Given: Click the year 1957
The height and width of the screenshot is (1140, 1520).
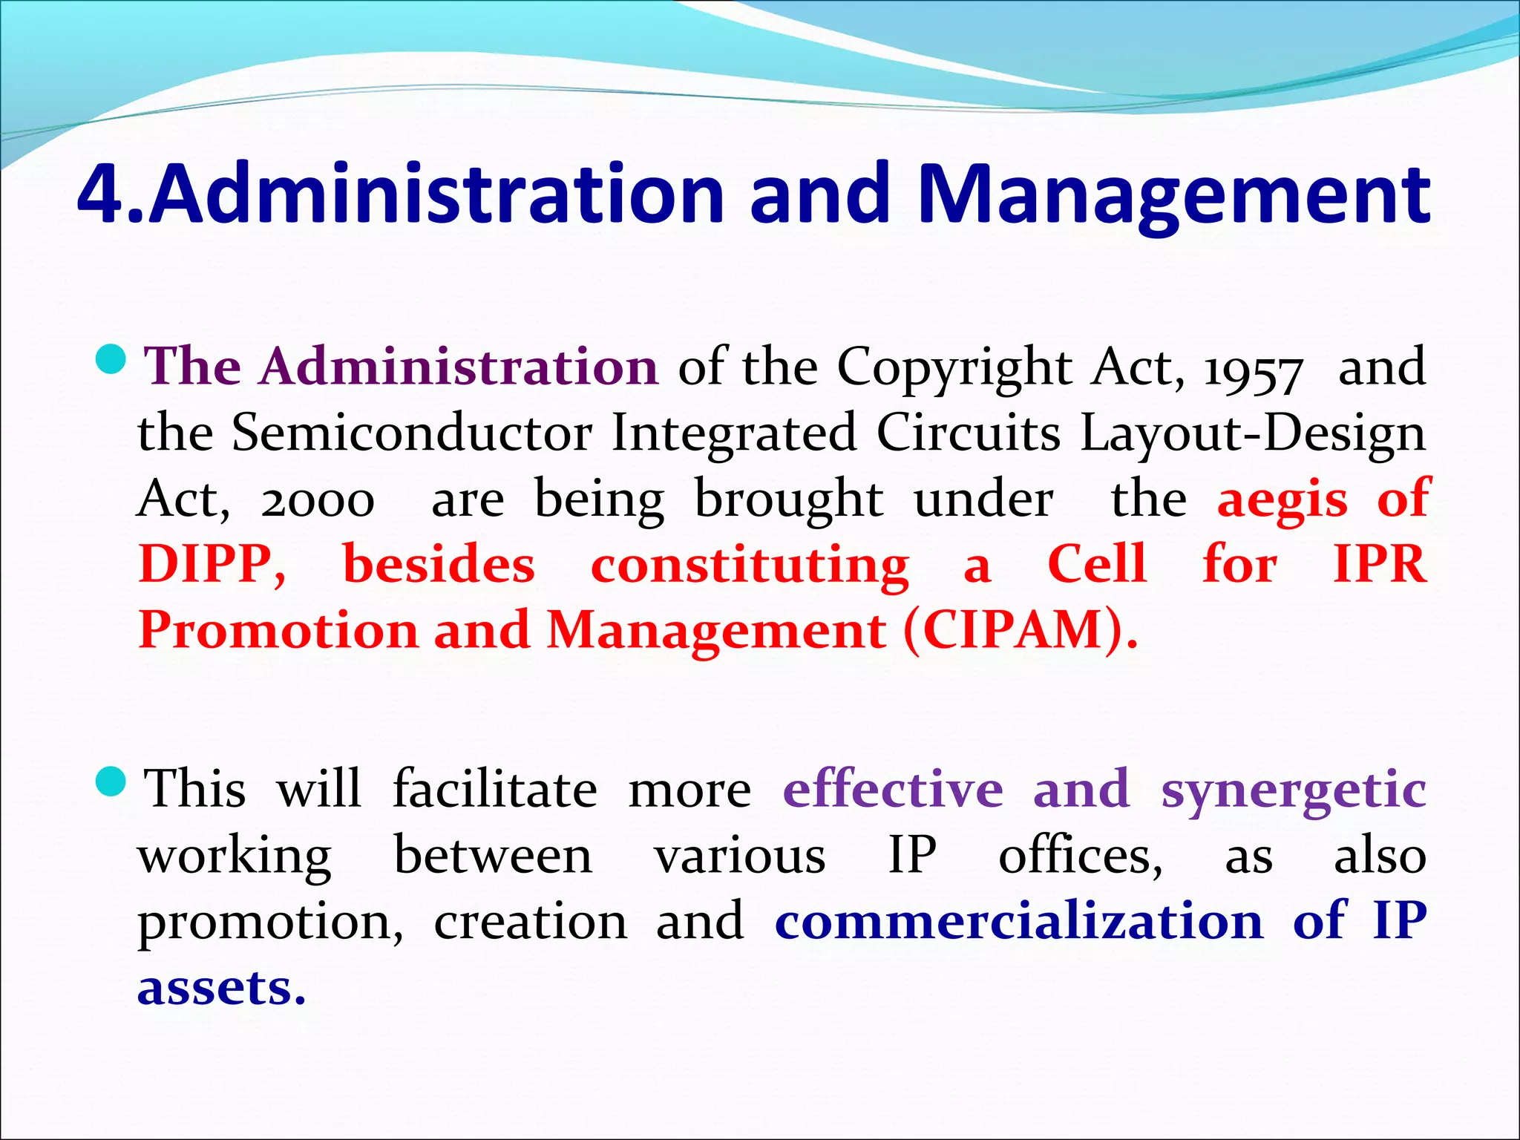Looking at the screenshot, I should (1253, 370).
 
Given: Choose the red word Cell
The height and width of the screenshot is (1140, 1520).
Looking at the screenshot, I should (1097, 564).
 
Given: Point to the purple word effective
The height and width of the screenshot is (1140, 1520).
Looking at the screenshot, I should (893, 789).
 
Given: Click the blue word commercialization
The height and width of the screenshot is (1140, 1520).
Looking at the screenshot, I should (1018, 921).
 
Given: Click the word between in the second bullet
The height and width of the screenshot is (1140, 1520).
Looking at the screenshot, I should (493, 856).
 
